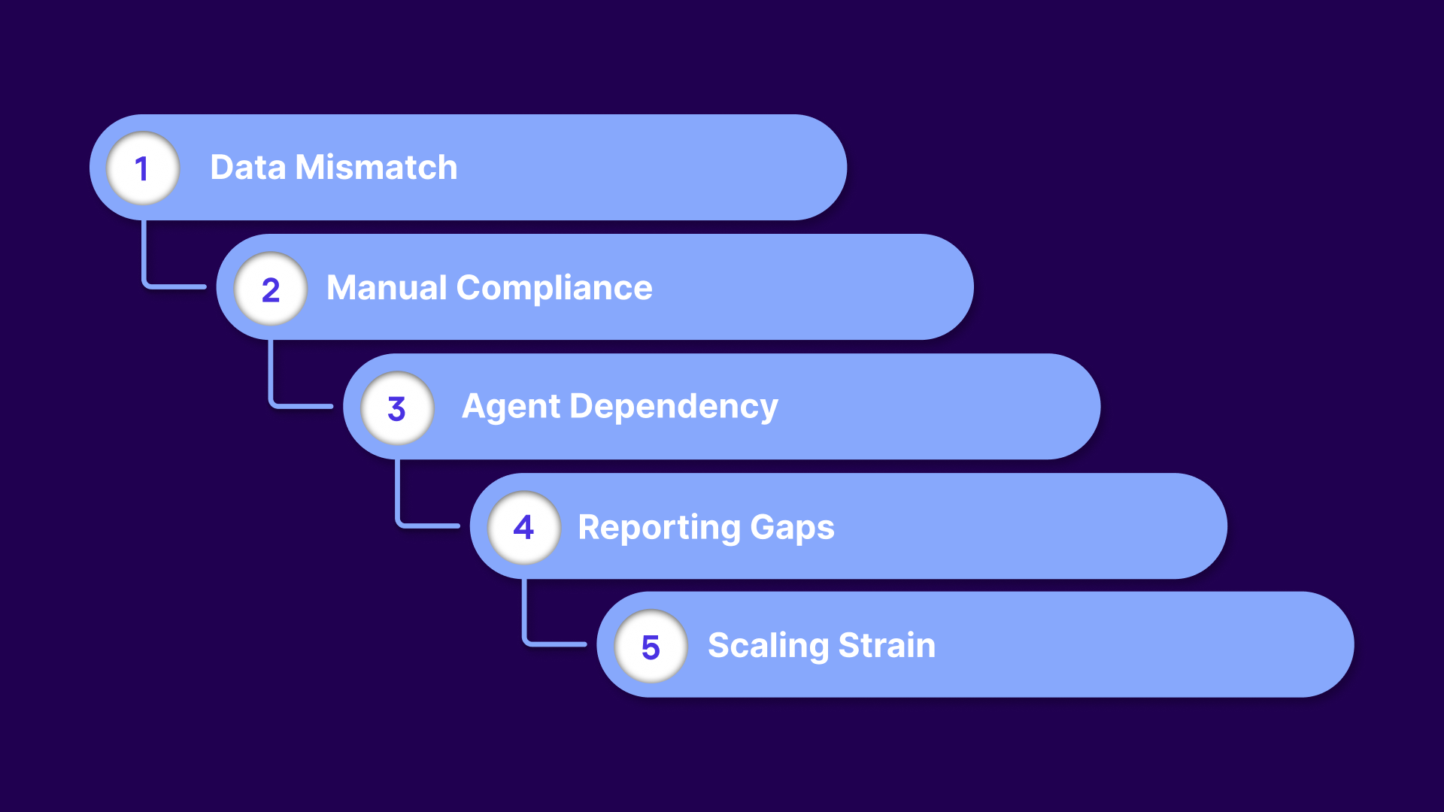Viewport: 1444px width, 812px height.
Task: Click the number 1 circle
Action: (143, 168)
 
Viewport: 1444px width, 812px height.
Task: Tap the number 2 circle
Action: (271, 289)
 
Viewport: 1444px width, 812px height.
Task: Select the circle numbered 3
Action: (397, 408)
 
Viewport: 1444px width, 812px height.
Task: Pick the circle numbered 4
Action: (524, 527)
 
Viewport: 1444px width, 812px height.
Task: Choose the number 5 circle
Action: (651, 647)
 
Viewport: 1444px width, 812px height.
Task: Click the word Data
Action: (247, 167)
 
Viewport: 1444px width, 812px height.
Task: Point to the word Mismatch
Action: (376, 167)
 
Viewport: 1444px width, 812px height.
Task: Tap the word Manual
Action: (387, 288)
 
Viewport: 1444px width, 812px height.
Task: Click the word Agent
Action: (511, 407)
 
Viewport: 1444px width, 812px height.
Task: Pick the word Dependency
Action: (674, 407)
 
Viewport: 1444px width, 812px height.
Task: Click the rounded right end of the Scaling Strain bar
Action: (1324, 644)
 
